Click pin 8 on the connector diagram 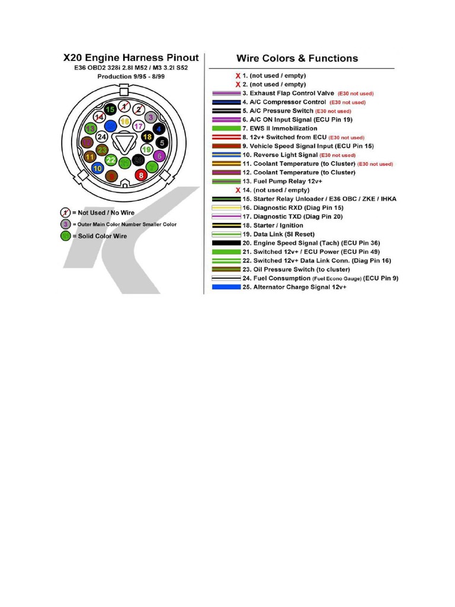click(140, 175)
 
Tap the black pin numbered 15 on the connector click(110, 110)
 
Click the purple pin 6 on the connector click(158, 156)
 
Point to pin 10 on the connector click(98, 168)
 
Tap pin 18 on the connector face click(148, 137)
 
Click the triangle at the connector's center click(124, 143)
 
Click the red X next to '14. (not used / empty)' click(238, 190)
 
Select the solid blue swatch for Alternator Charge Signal click(226, 287)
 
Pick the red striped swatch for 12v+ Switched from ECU click(226, 137)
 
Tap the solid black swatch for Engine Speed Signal click(226, 243)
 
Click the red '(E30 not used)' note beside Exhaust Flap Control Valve click(355, 94)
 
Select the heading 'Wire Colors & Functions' click(297, 58)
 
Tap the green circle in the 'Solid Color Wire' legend click(66, 236)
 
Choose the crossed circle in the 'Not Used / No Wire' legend click(66, 212)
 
